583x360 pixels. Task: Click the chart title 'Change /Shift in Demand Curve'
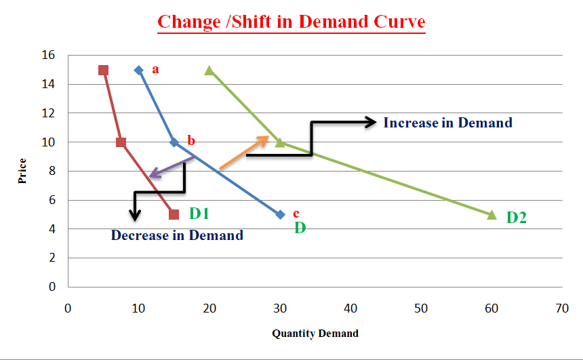pos(291,22)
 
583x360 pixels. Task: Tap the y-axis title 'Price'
pos(23,171)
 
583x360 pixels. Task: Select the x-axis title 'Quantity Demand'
pos(315,334)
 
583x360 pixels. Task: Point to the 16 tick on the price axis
pos(52,55)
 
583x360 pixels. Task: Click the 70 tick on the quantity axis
pos(562,308)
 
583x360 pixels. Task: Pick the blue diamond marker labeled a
pos(139,71)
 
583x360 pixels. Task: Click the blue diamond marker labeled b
pos(174,142)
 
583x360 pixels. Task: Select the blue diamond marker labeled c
pos(280,214)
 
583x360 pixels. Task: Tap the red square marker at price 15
pos(103,71)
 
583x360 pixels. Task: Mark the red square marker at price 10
pos(121,142)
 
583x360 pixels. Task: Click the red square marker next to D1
pos(174,214)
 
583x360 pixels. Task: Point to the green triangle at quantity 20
pos(209,71)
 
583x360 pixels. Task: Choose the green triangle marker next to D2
pos(492,214)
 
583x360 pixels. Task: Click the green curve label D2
pos(517,218)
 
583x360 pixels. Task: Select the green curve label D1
pos(199,214)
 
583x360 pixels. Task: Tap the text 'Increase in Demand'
pos(447,123)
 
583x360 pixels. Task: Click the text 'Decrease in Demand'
pos(177,236)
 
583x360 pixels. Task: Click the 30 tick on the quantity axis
pos(280,308)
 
